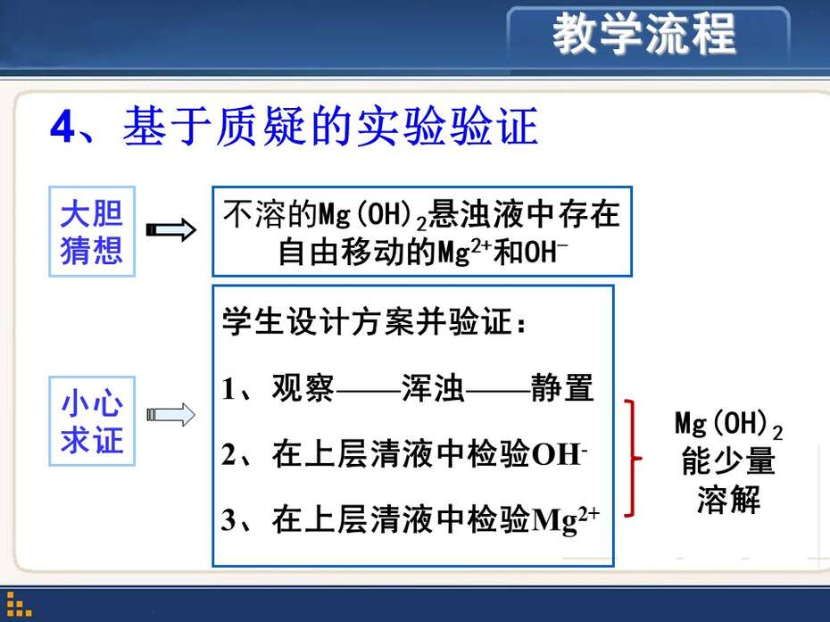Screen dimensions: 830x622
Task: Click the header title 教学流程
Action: pos(644,34)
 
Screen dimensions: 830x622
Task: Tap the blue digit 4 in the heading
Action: pos(63,128)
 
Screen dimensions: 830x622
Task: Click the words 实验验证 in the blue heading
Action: pos(448,126)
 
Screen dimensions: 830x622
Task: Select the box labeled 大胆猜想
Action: pos(92,231)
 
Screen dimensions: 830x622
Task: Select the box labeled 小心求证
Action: pos(92,421)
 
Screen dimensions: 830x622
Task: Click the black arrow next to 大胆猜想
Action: pos(171,229)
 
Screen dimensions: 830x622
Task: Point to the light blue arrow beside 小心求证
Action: pos(171,414)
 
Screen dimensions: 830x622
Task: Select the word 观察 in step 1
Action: pos(303,387)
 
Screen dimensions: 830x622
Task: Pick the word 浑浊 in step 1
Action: pos(433,387)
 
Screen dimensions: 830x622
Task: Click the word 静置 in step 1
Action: pos(562,387)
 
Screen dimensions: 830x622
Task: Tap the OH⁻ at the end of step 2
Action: pos(559,454)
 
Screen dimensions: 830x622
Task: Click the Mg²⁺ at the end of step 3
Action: pos(565,520)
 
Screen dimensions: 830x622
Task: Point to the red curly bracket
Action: pos(633,458)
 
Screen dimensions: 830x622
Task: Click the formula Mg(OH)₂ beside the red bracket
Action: pos(728,425)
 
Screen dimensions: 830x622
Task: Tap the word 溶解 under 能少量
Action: pos(728,499)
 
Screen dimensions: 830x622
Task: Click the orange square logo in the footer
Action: pos(19,604)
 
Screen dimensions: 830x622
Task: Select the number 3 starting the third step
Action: pos(228,520)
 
